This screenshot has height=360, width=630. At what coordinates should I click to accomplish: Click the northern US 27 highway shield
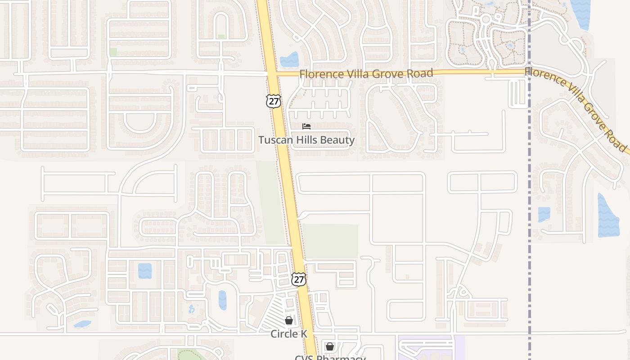point(273,101)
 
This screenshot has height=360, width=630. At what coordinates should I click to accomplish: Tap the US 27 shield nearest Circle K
point(298,279)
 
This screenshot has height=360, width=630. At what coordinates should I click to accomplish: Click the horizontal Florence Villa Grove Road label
point(366,73)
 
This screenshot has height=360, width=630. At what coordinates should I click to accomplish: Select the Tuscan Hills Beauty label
point(306,140)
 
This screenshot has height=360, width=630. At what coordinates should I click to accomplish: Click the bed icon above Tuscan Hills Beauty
point(306,126)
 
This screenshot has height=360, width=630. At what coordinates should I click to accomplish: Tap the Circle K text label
point(289,334)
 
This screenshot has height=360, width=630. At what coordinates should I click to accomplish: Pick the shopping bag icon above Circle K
point(289,320)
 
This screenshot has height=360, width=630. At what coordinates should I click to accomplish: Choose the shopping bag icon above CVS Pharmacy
point(330,346)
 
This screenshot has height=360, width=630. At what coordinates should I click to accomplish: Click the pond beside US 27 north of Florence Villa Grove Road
point(289,60)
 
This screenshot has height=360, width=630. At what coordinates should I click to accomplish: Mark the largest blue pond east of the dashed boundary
point(608,216)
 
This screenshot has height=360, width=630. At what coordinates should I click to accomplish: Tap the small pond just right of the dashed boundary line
point(544,214)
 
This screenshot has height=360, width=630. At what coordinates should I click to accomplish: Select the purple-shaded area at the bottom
point(431,349)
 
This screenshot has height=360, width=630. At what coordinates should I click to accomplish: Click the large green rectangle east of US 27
point(330,241)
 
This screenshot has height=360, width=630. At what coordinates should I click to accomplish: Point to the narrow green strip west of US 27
point(270,202)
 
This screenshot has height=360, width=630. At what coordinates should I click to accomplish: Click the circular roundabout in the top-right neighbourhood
point(486,19)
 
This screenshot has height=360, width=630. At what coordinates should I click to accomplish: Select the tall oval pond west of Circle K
point(222,300)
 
